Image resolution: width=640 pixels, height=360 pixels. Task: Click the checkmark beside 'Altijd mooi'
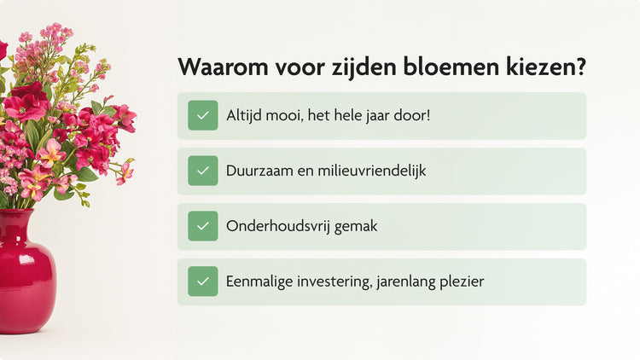tap(203, 115)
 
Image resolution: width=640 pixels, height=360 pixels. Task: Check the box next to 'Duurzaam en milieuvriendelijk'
tap(203, 171)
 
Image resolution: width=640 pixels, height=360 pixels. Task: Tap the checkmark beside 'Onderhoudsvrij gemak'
tap(203, 226)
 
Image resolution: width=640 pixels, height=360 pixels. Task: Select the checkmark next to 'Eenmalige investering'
tap(203, 282)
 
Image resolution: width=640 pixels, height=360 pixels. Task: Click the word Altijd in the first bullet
tap(244, 115)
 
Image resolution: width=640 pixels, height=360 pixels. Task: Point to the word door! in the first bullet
tap(412, 115)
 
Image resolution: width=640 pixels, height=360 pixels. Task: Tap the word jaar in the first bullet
tap(373, 115)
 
